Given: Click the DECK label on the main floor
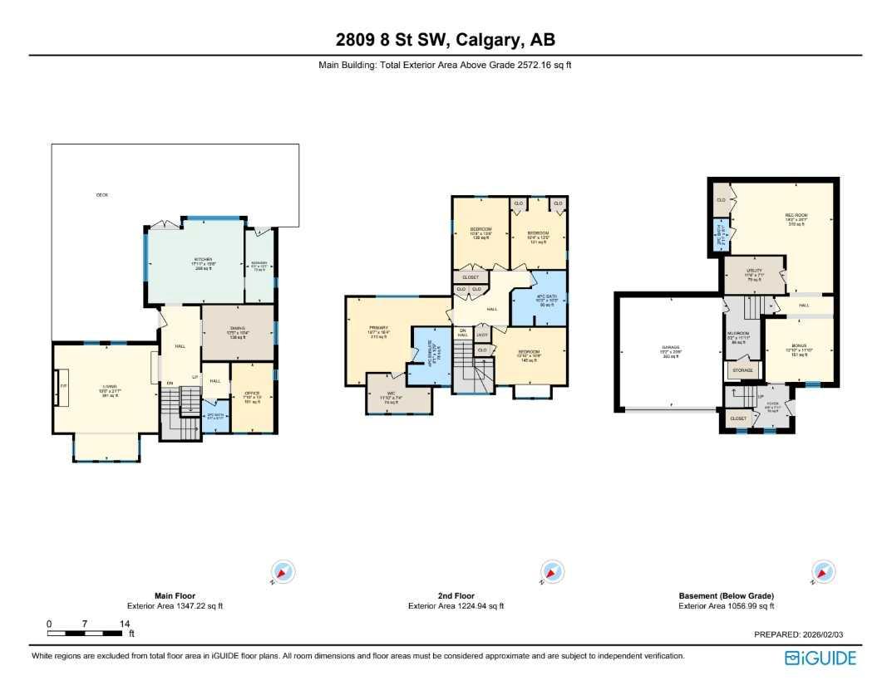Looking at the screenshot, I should click(101, 195).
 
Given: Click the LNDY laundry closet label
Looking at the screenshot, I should click(481, 335).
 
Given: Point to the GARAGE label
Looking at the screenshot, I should click(671, 347).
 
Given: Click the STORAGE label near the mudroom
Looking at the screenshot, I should click(742, 369).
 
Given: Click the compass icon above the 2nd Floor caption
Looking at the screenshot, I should click(551, 572).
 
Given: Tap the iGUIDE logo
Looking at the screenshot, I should click(820, 658).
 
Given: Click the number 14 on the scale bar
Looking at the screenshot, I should click(124, 624).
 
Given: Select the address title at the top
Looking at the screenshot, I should click(445, 39).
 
